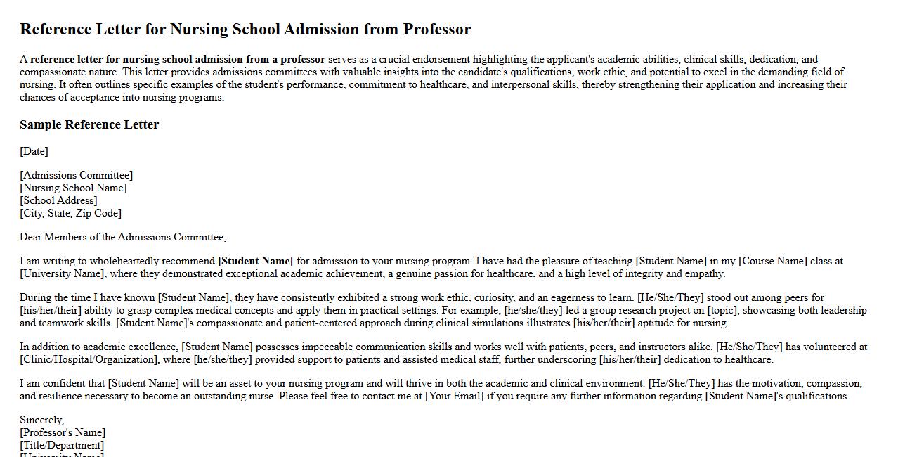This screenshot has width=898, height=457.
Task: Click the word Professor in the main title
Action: pos(436,30)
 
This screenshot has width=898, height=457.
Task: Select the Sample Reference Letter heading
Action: pos(89,125)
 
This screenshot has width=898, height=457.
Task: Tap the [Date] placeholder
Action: pos(34,151)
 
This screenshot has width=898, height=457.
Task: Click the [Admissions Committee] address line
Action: pos(76,175)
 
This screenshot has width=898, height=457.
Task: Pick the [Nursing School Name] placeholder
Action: pos(73,188)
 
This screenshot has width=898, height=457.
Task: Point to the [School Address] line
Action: pos(58,200)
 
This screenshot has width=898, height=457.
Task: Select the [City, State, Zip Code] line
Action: pos(70,213)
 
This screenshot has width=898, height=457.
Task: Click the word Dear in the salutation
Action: pos(31,237)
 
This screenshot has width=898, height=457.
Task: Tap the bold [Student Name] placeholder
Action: pos(256,261)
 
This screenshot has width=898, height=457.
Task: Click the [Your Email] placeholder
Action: pos(455,396)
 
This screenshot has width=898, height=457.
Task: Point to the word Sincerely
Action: pos(41,420)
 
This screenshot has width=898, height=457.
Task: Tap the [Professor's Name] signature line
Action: pos(63,432)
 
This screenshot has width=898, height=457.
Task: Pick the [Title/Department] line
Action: pos(62,445)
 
